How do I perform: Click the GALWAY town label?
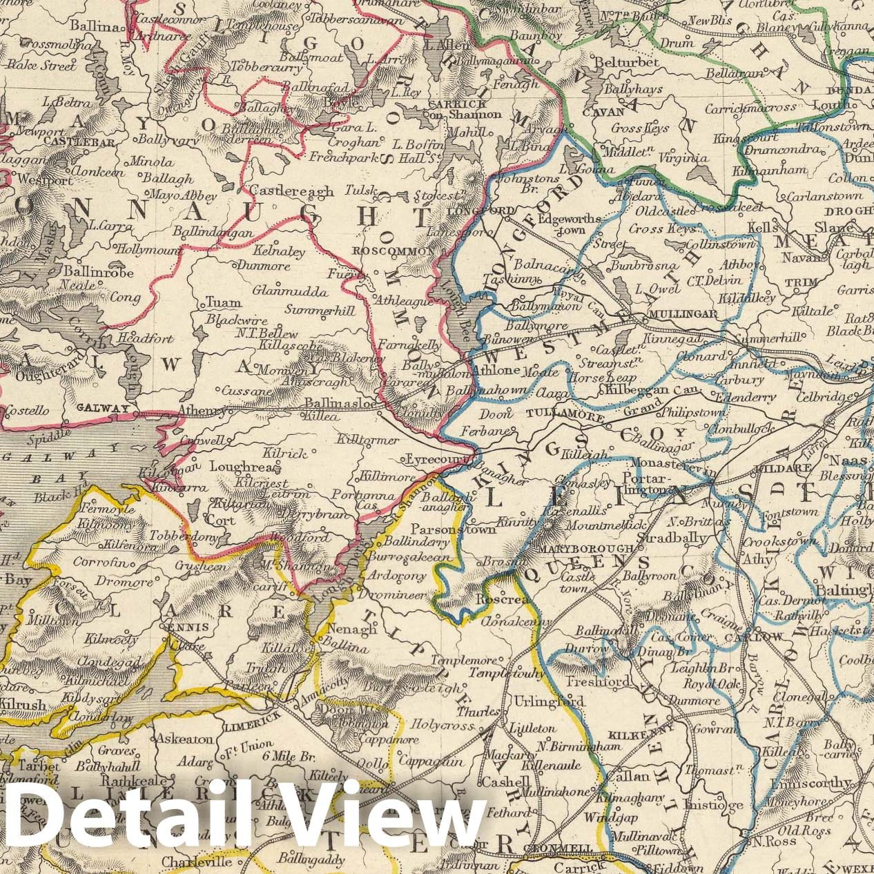coord(104,408)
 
